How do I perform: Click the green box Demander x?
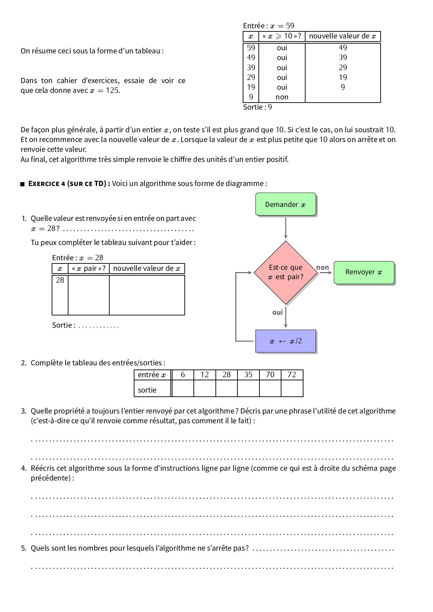[286, 204]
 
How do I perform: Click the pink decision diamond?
[286, 273]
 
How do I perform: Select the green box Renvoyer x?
[364, 273]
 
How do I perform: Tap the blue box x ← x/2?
[286, 341]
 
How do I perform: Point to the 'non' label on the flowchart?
[323, 268]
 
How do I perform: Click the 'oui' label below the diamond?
[278, 313]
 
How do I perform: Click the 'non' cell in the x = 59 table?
[282, 97]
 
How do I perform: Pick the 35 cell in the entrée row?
[248, 375]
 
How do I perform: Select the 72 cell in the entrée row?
[292, 375]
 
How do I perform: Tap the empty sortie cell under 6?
[183, 389]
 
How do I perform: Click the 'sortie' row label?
[147, 390]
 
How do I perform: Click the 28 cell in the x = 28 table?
[60, 280]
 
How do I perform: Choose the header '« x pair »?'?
[89, 269]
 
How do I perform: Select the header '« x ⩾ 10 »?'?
[282, 36]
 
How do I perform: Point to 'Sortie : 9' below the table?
[257, 107]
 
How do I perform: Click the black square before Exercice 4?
[23, 184]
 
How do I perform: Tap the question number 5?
[23, 548]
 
